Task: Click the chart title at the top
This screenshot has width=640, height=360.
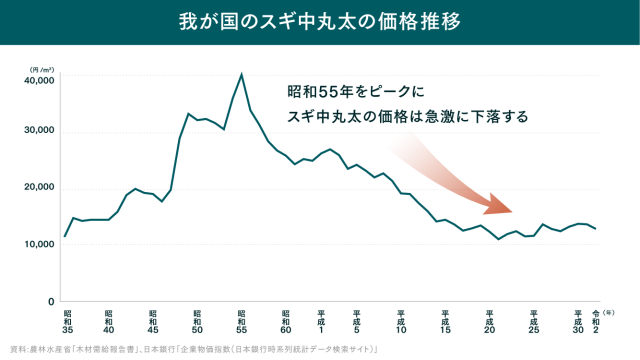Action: (319, 21)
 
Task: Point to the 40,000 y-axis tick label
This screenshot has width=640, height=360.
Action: (38, 78)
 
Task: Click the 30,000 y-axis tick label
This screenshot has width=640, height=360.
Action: (38, 132)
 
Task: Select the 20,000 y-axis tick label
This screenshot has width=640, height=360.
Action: (38, 188)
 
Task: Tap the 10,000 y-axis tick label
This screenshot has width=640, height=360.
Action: (38, 244)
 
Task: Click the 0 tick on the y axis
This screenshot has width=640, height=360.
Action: (50, 300)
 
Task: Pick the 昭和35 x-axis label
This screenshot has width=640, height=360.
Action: (65, 321)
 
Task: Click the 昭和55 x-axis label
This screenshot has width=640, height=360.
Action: (241, 321)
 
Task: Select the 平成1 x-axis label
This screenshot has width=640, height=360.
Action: (321, 321)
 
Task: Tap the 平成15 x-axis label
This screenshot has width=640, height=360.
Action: (445, 321)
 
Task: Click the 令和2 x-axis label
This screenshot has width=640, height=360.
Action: (596, 321)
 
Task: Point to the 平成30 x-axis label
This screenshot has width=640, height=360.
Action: (578, 321)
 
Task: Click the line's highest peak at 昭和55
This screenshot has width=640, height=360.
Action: (241, 74)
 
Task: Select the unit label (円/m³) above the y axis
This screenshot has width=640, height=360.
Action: (40, 64)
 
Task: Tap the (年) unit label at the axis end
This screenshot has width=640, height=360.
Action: (609, 313)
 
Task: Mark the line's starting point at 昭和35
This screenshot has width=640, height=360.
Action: (65, 236)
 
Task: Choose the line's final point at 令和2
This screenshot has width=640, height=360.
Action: (596, 229)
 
